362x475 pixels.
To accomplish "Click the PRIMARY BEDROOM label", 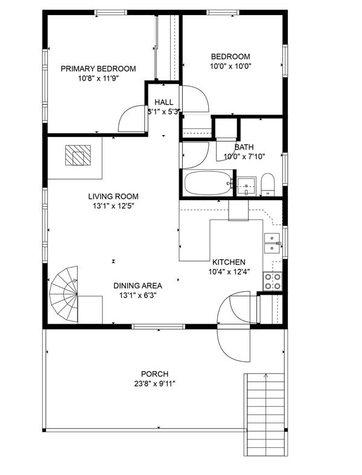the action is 98,69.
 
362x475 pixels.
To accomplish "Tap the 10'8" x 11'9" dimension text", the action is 98,78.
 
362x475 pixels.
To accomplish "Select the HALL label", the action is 164,102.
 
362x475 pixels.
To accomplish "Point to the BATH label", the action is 244,147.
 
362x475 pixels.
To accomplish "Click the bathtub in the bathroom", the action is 208,183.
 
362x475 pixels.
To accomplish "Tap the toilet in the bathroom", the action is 268,185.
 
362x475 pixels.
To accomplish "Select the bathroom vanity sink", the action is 247,186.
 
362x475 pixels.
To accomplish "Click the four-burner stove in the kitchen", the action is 273,281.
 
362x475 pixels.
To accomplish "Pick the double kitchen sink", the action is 272,244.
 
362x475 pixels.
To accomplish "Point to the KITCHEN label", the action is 229,262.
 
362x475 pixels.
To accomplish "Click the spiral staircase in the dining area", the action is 64,294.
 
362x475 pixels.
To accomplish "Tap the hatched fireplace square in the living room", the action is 78,155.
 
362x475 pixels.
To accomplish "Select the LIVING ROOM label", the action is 113,197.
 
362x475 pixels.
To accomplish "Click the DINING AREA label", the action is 138,286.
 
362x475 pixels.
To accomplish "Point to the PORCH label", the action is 154,374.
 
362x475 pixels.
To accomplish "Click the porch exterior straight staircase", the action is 266,414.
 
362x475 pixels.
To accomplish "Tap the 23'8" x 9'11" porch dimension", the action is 154,384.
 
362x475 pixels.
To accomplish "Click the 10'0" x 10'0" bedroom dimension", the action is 230,66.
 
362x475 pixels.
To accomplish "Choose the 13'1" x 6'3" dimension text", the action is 138,295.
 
